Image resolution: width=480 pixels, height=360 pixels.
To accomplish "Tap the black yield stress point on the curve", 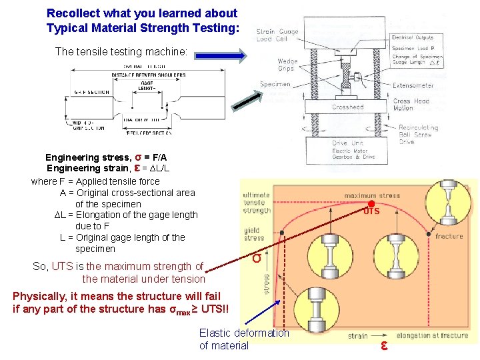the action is click(x=282, y=233).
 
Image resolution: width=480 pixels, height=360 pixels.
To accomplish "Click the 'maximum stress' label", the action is click(x=372, y=195).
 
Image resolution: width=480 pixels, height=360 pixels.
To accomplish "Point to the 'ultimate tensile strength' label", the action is click(x=257, y=203).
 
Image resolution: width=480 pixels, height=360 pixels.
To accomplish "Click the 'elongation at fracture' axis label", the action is click(x=432, y=335).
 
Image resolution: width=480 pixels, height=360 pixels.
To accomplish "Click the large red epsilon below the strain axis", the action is click(x=385, y=345).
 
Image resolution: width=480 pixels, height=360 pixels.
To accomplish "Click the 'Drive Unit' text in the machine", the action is click(x=347, y=143).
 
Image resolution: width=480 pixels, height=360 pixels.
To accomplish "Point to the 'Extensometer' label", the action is click(x=413, y=85).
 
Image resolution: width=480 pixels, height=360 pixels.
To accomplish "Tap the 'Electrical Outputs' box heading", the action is click(x=413, y=37).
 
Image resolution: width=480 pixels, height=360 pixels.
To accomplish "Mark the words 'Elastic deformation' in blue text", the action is click(x=244, y=333).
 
